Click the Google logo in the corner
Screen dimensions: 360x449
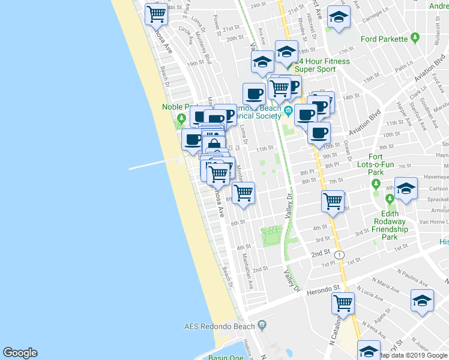pyautogui.click(x=20, y=353)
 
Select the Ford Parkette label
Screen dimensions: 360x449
pyautogui.click(x=385, y=40)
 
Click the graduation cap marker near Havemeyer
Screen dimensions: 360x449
pyautogui.click(x=406, y=188)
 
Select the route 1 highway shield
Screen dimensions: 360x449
pyautogui.click(x=340, y=255)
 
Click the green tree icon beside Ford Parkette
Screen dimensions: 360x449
pyautogui.click(x=414, y=40)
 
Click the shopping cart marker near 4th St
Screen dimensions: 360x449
pyautogui.click(x=332, y=200)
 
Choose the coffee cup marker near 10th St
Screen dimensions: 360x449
pyautogui.click(x=319, y=132)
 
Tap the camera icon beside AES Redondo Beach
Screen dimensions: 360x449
pyautogui.click(x=262, y=325)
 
